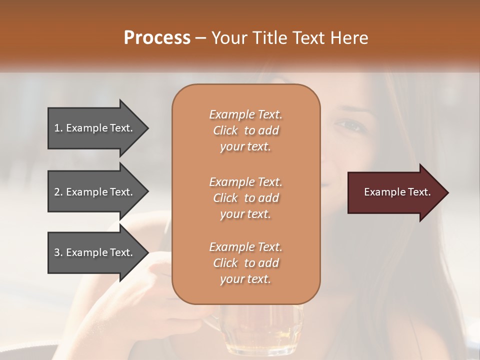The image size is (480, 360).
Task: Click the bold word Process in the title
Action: coord(157,38)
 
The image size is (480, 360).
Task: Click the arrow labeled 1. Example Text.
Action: coord(95,128)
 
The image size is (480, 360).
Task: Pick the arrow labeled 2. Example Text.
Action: coord(95,192)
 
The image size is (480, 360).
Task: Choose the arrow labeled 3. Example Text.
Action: coord(95,252)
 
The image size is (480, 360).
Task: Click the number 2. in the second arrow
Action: coord(58,192)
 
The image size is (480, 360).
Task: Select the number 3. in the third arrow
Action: coord(58,252)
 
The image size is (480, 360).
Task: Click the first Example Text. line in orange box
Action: coord(245,114)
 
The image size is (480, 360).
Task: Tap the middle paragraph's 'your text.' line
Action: coord(245,214)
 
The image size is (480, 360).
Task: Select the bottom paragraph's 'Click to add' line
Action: coord(245,263)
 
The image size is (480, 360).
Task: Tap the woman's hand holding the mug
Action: coord(150,300)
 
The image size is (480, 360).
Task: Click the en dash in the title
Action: coord(200,38)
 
